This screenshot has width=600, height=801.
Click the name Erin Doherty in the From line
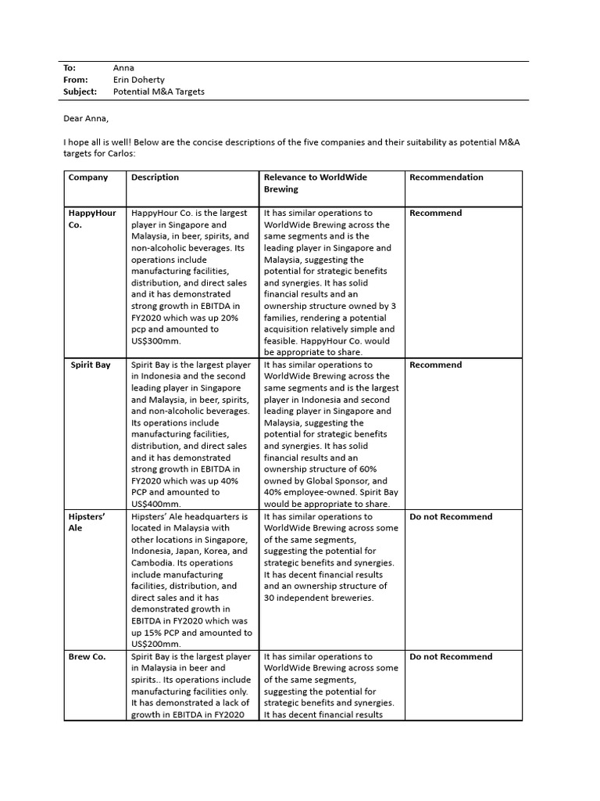click(142, 80)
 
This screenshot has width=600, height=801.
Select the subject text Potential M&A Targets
click(159, 92)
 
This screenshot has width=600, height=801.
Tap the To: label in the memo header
click(69, 68)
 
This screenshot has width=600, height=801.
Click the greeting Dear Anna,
click(86, 118)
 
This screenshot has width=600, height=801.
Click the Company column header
click(88, 178)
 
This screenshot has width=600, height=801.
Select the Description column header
click(155, 178)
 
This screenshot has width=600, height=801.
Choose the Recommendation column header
click(446, 178)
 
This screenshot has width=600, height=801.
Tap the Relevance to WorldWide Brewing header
click(315, 183)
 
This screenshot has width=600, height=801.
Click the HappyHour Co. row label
click(92, 219)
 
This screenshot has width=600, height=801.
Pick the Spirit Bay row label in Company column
click(91, 365)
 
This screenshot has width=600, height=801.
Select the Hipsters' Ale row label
click(87, 523)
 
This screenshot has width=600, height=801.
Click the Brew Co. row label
click(87, 657)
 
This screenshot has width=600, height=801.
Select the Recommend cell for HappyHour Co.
click(435, 214)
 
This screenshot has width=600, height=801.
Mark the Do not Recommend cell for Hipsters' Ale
click(451, 517)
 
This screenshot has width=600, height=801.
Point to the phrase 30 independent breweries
click(319, 598)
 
